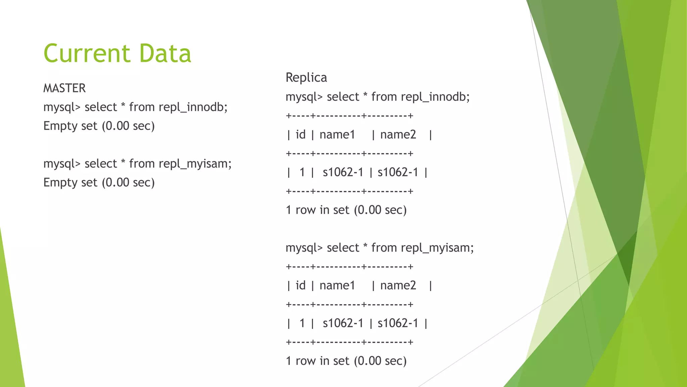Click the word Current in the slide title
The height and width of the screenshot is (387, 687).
click(x=87, y=53)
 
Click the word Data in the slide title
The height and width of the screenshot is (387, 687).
click(x=165, y=53)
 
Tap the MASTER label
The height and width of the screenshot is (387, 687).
click(x=64, y=88)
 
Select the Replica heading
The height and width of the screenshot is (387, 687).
click(x=306, y=78)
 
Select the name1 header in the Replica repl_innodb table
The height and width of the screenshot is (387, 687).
click(x=337, y=135)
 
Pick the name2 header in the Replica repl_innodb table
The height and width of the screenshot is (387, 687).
click(x=398, y=135)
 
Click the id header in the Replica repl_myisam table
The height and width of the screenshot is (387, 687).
click(x=301, y=286)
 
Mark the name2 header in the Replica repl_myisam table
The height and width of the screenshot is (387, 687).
click(x=398, y=286)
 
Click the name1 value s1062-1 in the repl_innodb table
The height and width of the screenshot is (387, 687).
click(x=343, y=172)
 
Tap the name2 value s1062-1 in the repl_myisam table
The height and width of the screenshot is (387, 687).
click(x=398, y=323)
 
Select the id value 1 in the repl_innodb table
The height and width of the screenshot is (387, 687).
click(x=302, y=172)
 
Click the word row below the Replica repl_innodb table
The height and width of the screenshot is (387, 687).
click(x=306, y=210)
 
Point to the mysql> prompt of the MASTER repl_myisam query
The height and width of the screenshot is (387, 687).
click(x=62, y=164)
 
